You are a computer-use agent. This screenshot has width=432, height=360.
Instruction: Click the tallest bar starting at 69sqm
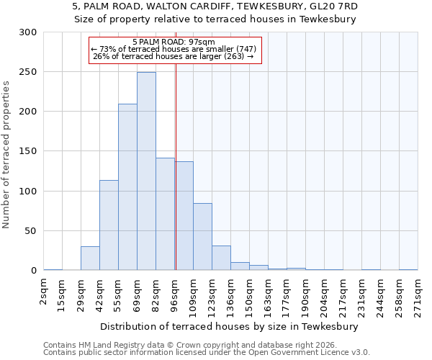click(146, 171)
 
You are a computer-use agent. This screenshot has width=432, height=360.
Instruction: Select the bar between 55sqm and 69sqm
click(127, 187)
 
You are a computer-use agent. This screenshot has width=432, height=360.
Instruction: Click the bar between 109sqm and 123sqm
click(202, 237)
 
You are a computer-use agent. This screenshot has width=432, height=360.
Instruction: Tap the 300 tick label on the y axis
click(28, 32)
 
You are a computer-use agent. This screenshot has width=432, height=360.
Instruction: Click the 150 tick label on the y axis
click(28, 152)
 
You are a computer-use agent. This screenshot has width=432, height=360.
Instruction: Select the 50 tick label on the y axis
click(31, 231)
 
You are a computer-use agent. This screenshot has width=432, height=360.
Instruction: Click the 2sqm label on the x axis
click(44, 294)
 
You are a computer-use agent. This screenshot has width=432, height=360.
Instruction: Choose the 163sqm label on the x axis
click(269, 297)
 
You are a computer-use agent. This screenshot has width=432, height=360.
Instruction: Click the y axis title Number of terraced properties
click(6, 155)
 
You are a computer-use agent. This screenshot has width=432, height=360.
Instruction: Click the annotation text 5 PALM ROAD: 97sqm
click(174, 42)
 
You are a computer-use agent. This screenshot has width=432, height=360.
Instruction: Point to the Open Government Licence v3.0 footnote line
click(207, 353)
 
